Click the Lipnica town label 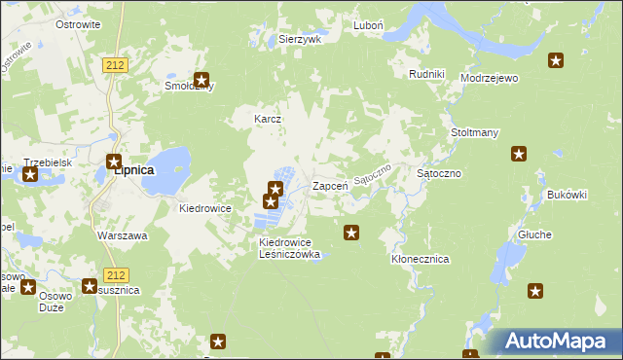[x=133, y=169]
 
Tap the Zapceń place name [x=330, y=185]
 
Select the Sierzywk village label [x=300, y=40]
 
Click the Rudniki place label [x=426, y=74]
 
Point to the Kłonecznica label [x=419, y=260]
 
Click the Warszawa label [x=122, y=235]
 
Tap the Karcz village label [x=268, y=120]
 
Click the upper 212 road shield [x=113, y=63]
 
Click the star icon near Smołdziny [x=202, y=81]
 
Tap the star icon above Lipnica [x=114, y=162]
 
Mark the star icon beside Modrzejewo [x=555, y=61]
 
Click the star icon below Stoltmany [x=519, y=154]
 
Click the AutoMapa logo [x=555, y=342]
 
